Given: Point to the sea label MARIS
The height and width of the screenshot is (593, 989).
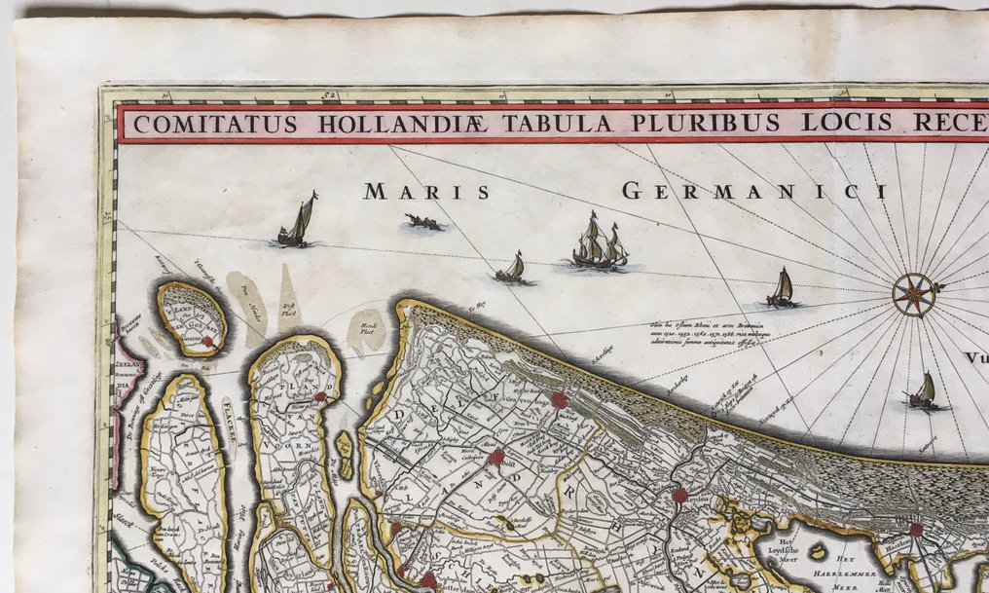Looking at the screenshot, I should pyautogui.click(x=426, y=192).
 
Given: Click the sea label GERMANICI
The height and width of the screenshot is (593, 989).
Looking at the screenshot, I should pyautogui.click(x=754, y=191).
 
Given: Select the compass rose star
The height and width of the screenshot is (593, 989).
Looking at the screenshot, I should pyautogui.click(x=915, y=294).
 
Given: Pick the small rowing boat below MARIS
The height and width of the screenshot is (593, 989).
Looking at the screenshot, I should pyautogui.click(x=424, y=223).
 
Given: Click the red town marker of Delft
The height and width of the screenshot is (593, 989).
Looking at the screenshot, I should pyautogui.click(x=496, y=456).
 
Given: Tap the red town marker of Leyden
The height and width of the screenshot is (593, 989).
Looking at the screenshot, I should pyautogui.click(x=679, y=496).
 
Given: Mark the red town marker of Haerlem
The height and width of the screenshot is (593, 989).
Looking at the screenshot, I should pyautogui.click(x=916, y=530).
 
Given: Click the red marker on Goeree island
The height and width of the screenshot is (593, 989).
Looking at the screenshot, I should pyautogui.click(x=207, y=342).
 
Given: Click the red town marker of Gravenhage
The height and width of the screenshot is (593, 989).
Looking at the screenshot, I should pyautogui.click(x=559, y=400).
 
